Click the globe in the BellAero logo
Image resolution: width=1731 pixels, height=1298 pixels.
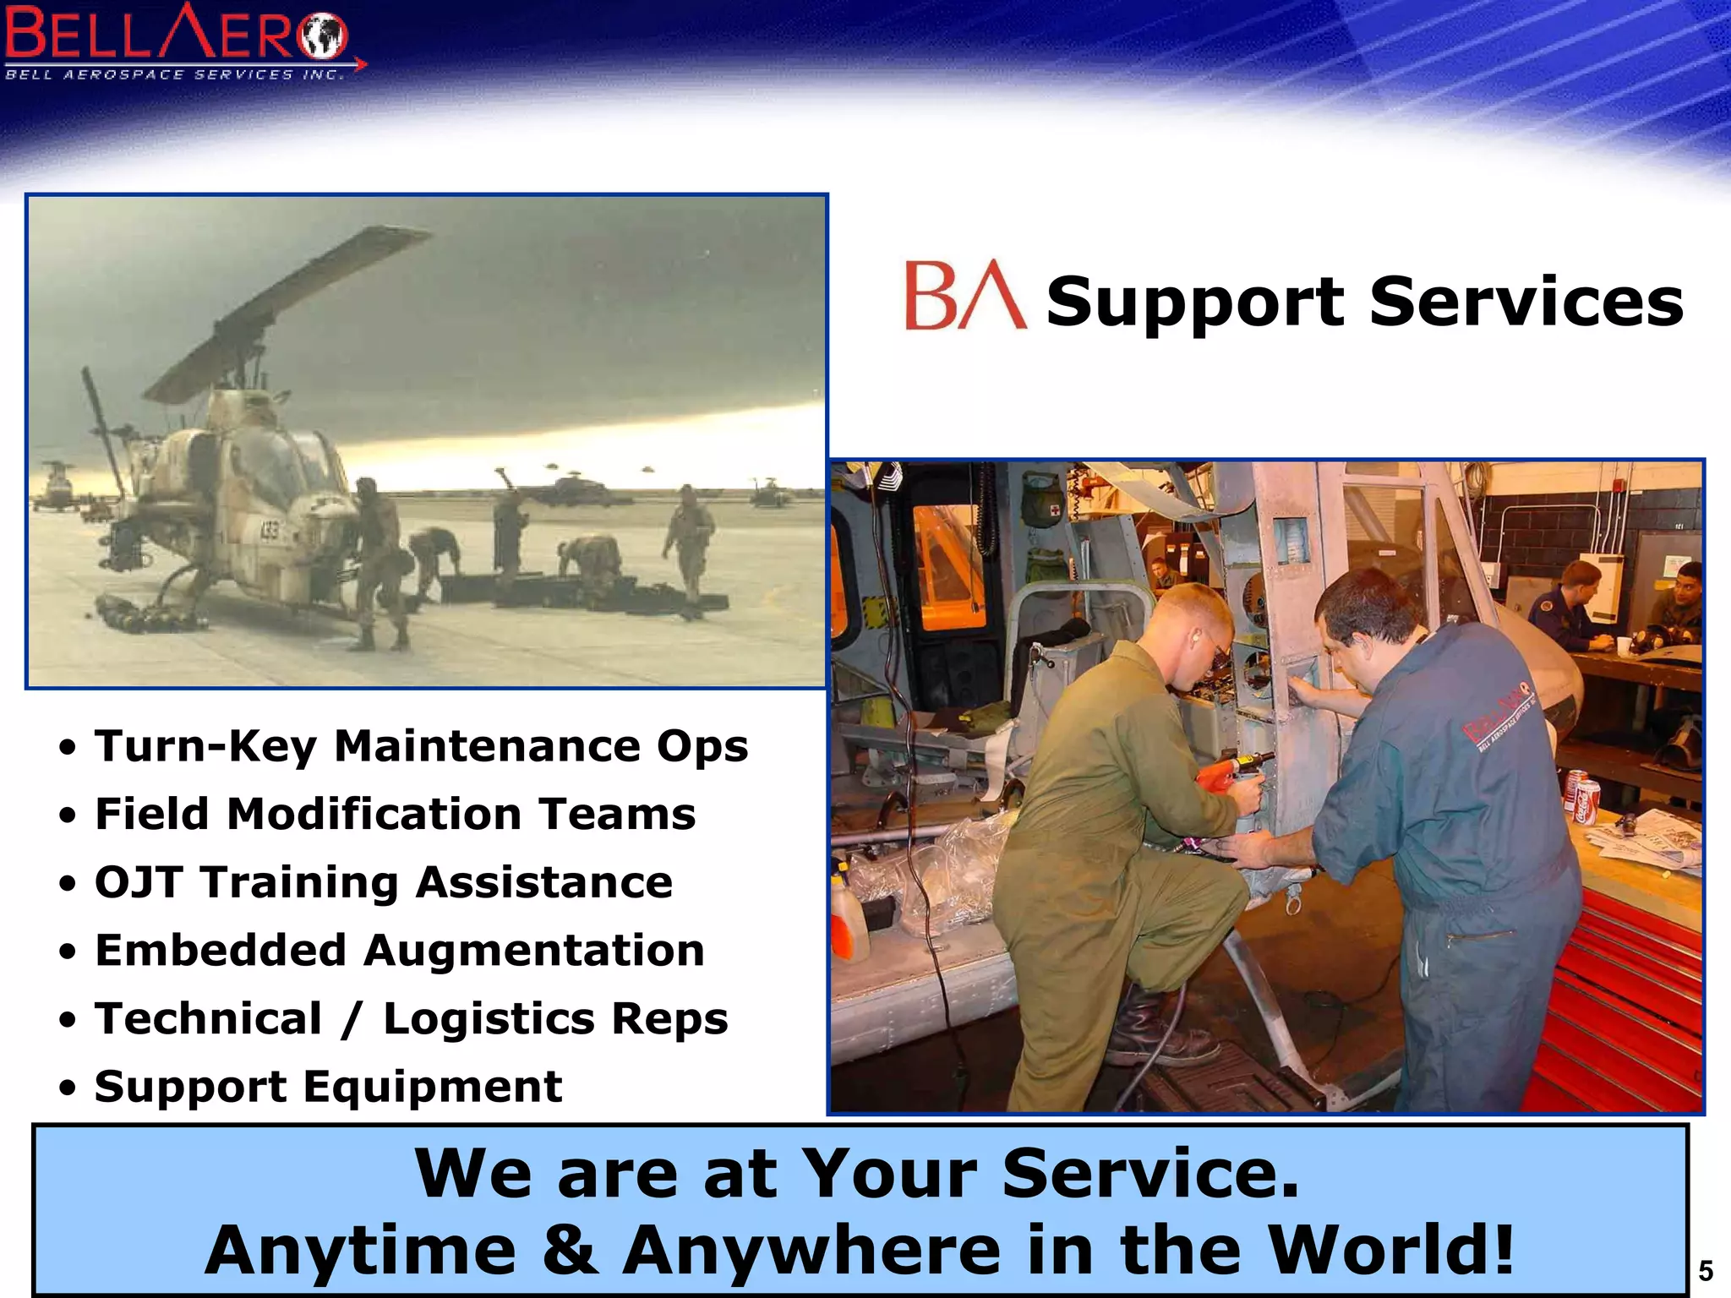[325, 35]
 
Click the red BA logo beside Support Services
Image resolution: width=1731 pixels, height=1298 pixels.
[964, 295]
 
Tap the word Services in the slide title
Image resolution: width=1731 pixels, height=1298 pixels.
[1526, 302]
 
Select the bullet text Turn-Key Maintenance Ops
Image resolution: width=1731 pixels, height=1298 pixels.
[421, 746]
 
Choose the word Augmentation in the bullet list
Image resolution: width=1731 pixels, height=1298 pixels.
[534, 950]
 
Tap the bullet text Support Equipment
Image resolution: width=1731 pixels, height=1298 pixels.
[328, 1086]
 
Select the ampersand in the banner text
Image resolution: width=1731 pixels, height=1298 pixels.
[571, 1249]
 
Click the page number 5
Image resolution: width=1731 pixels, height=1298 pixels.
[1706, 1271]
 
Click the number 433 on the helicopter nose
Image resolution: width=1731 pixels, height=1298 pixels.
[269, 532]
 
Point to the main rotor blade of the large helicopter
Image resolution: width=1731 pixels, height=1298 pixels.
[287, 313]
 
